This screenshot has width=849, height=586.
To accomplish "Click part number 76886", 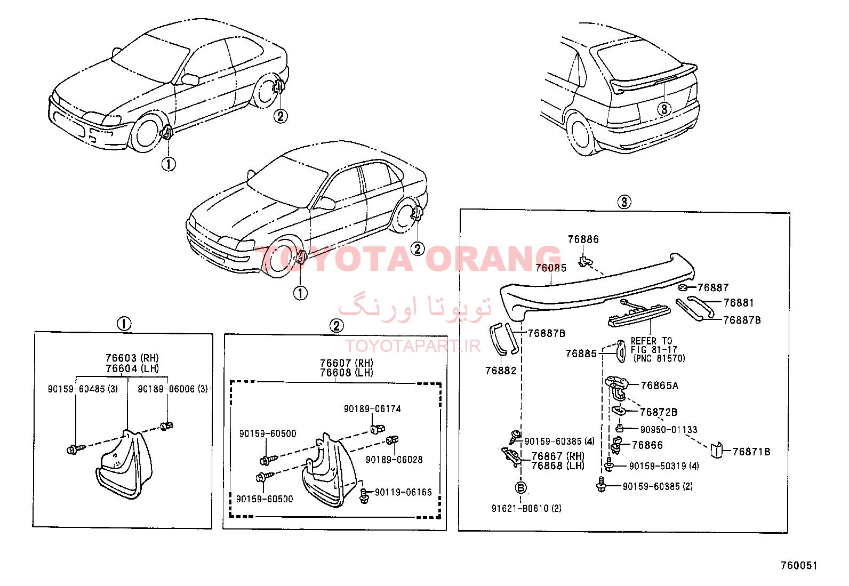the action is [583, 239].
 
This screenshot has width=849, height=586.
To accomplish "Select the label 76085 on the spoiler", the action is [551, 268].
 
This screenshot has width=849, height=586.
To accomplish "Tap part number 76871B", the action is [751, 452].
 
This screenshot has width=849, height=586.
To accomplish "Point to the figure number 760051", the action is [799, 566].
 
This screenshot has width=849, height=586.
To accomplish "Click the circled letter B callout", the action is [521, 488].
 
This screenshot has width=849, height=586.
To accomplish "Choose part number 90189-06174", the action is [372, 409].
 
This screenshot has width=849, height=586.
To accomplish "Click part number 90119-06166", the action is [403, 492].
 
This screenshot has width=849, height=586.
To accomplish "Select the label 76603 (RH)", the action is [132, 358].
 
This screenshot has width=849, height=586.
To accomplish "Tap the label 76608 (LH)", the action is [347, 373].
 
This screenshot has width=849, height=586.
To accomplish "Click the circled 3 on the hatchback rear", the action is [663, 109].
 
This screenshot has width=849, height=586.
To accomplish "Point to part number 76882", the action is [501, 371].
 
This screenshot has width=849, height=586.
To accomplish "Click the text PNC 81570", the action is [660, 358].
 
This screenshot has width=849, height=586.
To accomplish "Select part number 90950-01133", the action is [669, 430].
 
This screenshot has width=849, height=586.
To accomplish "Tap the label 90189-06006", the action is [166, 389].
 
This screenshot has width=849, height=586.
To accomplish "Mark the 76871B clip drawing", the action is [716, 451].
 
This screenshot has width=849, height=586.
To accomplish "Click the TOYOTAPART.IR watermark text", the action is [413, 346].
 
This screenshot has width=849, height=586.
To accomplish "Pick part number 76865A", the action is [660, 386].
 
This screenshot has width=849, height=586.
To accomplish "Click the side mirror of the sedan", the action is [327, 204].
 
